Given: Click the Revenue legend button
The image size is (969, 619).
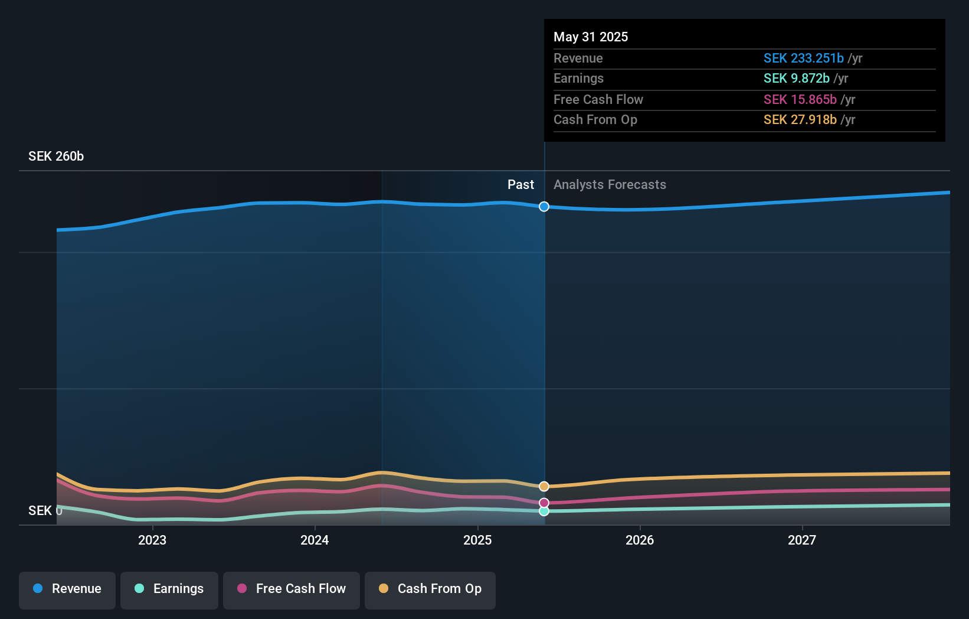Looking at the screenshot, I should coord(67,589).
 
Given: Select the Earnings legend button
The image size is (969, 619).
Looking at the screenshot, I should coord(169,589).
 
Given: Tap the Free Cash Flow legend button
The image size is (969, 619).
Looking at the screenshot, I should coord(292,589).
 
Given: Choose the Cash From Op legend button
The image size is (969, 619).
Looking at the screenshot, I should coord(430,589).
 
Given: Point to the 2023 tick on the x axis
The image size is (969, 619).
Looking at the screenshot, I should coord(152,540).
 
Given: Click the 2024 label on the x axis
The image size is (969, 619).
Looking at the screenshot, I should coord(315,540).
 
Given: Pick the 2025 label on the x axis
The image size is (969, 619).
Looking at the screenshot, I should coord(477,540).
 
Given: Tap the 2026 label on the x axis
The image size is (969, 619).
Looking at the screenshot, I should coord(640,540).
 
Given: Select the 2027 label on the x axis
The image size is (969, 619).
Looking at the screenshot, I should coord(802,540).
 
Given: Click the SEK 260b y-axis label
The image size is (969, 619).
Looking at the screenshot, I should coord(56,156).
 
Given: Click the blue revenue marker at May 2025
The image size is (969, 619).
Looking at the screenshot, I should coord(544,207).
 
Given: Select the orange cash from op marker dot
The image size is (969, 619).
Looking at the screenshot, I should coord(544,486).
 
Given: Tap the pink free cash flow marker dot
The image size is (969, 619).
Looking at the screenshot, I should coord(544,503).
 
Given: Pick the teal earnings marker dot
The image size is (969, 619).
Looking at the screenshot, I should coord(544,511).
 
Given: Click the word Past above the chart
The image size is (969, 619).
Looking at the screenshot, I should coord(520,184).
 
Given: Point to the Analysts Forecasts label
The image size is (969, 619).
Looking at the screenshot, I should coord(610,184).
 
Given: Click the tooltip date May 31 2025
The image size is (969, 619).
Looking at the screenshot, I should coord(591,37).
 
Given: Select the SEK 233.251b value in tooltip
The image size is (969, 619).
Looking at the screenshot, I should coord(803,58).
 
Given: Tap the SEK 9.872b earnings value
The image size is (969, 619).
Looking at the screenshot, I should coord(796,78).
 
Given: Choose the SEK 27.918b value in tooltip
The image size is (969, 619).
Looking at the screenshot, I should coord(800,119).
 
